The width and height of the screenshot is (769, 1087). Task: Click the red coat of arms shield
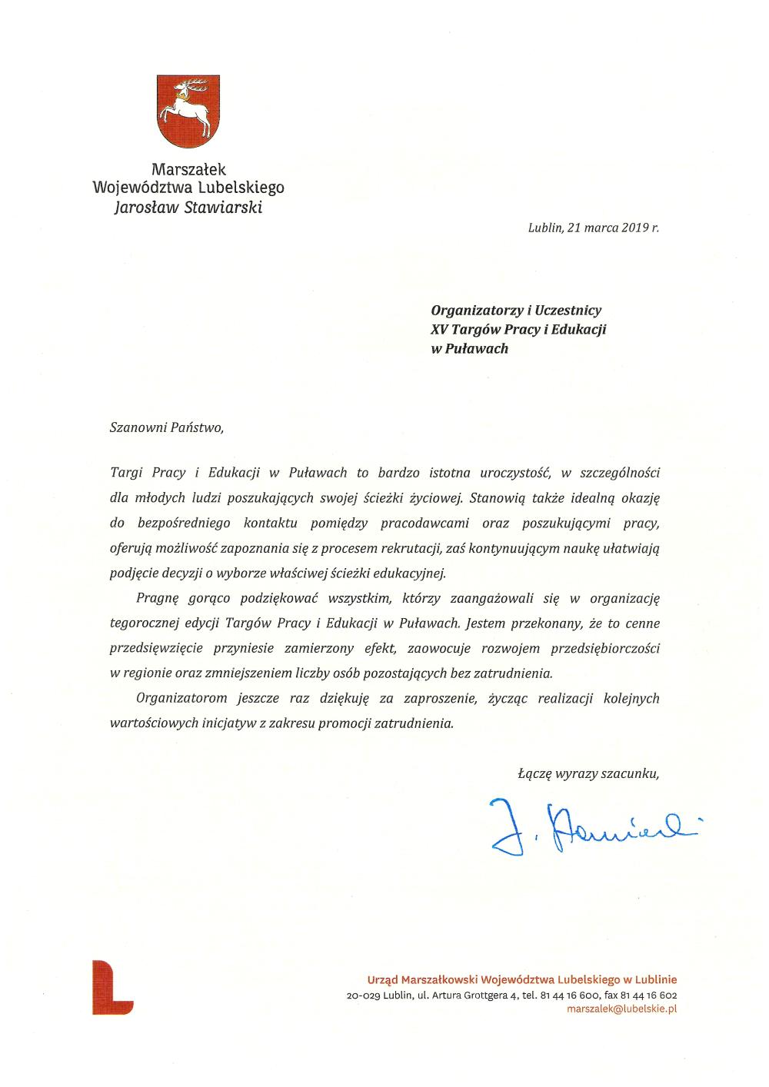tap(188, 111)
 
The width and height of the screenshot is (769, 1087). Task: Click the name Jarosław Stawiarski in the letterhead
tap(188, 206)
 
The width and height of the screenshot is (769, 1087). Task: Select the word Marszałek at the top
tap(188, 168)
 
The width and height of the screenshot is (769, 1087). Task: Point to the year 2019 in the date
tap(632, 228)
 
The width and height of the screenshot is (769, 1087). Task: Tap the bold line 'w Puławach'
tap(469, 348)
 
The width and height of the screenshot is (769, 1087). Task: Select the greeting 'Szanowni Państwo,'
tap(166, 427)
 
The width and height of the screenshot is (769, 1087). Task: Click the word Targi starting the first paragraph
tap(127, 472)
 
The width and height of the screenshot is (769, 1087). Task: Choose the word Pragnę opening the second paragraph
tap(158, 597)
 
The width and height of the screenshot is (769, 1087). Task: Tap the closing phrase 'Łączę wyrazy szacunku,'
tap(588, 774)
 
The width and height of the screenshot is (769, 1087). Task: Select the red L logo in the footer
tap(112, 987)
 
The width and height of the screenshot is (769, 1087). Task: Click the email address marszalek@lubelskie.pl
tap(621, 1009)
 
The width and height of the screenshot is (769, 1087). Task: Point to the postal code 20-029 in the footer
tap(364, 995)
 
